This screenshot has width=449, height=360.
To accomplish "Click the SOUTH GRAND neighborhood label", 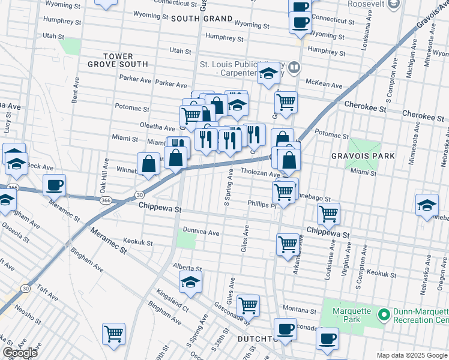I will [201, 19].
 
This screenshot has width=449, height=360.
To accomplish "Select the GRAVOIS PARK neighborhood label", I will [363, 156].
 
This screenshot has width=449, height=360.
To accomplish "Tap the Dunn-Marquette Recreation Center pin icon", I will [382, 314].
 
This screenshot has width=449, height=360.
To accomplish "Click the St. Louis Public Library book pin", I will [294, 67].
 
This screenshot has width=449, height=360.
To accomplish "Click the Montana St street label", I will [299, 311].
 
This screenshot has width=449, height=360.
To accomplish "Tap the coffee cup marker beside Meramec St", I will [54, 185].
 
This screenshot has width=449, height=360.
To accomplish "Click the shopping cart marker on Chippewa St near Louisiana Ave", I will [328, 213].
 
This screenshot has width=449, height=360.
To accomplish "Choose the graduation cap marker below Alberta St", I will [190, 281].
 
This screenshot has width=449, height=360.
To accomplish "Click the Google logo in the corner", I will [20, 353].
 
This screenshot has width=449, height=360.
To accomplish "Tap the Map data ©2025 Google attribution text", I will [411, 355].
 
